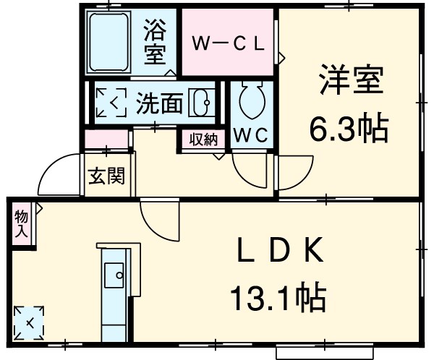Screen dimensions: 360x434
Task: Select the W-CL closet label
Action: coord(228,42)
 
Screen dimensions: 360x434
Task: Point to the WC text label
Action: coord(252,134)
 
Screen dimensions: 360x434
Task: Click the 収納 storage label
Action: coord(203,140)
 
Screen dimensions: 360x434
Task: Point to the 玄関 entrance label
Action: coord(106,176)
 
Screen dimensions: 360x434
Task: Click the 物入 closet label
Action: coord(22,224)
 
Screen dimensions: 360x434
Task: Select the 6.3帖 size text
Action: coord(349,130)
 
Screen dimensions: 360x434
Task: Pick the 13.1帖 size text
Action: coord(278,297)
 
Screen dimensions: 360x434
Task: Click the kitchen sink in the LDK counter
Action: coord(114,274)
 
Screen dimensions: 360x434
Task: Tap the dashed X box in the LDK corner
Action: coord(29,321)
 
